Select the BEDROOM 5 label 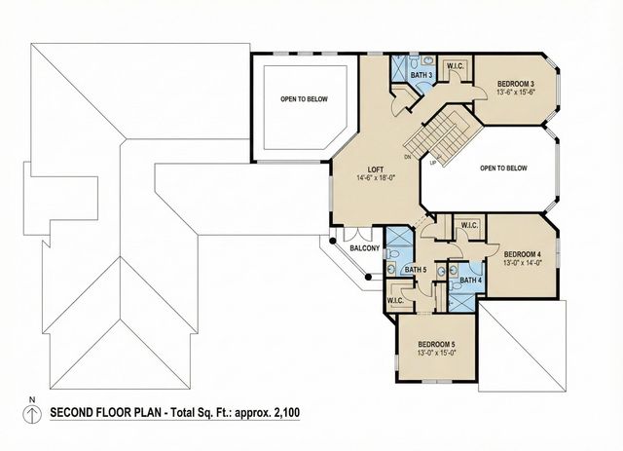[437, 344]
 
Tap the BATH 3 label [421, 74]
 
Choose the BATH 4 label [471, 281]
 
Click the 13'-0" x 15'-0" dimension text [437, 354]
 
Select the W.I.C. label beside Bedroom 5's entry [395, 300]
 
